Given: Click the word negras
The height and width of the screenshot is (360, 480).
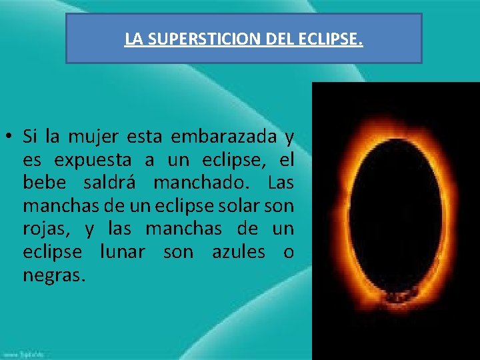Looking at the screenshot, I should [x=53, y=275].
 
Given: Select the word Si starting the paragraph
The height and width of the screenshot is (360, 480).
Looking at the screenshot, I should [x=30, y=137].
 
